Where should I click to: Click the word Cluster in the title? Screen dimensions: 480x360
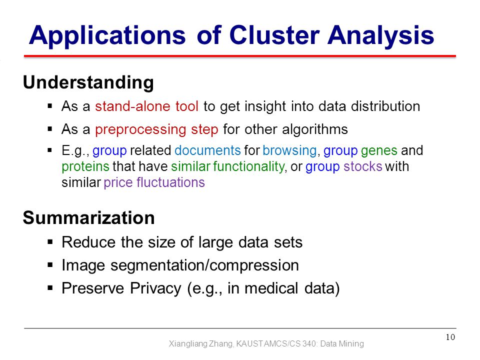(274, 35)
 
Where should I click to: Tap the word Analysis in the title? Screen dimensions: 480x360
(381, 36)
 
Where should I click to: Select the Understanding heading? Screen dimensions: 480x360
(88, 82)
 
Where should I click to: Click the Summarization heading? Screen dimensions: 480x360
(89, 217)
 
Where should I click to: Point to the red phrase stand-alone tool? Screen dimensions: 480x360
(146, 106)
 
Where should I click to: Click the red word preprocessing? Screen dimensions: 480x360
(140, 130)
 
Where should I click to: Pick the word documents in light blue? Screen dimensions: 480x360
(207, 150)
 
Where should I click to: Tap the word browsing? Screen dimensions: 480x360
(289, 151)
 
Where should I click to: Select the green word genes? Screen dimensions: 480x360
(379, 151)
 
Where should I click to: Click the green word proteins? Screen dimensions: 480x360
(85, 167)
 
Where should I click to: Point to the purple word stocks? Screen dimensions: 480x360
(363, 166)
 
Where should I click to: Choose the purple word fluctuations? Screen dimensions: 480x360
(170, 182)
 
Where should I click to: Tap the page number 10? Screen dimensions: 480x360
(450, 337)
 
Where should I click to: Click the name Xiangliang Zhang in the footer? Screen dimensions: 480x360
(201, 344)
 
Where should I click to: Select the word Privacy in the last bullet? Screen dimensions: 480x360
(155, 288)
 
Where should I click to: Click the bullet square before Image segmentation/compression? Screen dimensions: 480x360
(50, 265)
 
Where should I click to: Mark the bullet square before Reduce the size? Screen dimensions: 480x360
(50, 242)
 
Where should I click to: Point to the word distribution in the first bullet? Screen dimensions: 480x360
(385, 106)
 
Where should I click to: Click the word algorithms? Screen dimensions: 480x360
(315, 130)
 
